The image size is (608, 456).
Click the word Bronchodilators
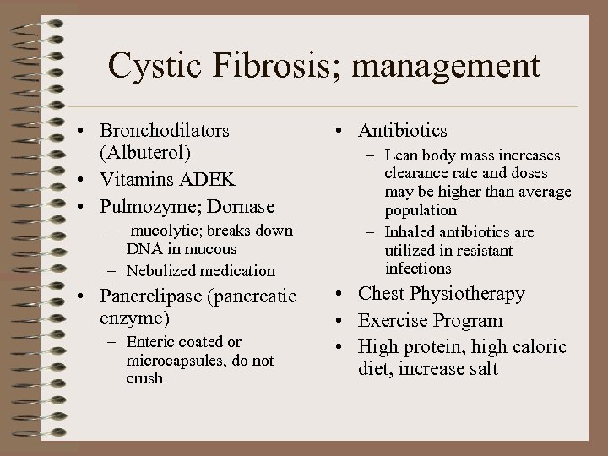(x=164, y=131)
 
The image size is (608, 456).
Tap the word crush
(x=144, y=378)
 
